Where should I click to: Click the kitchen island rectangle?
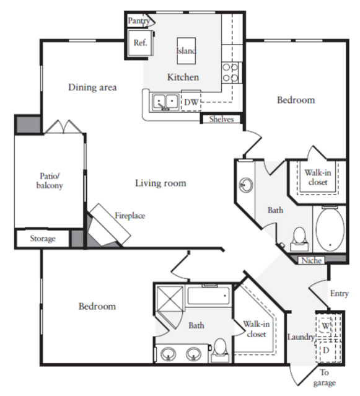(x=187, y=51)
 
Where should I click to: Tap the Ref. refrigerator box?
(x=141, y=43)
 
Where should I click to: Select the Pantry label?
(x=139, y=21)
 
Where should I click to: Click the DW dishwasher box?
(x=191, y=101)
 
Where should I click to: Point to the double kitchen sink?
(x=165, y=102)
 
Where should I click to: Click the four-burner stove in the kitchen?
(x=230, y=73)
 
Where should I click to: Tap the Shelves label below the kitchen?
(x=221, y=119)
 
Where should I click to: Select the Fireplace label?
(x=130, y=216)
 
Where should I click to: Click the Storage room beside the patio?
(x=43, y=239)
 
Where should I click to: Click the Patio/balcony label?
(x=50, y=180)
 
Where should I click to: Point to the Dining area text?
(x=92, y=87)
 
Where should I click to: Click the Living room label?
(x=160, y=183)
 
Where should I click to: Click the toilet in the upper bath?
(x=299, y=239)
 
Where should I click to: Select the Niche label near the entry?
(x=312, y=260)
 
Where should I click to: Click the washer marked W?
(x=325, y=326)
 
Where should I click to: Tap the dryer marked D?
(x=326, y=351)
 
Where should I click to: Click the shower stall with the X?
(x=169, y=299)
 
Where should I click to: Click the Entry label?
(x=340, y=294)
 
